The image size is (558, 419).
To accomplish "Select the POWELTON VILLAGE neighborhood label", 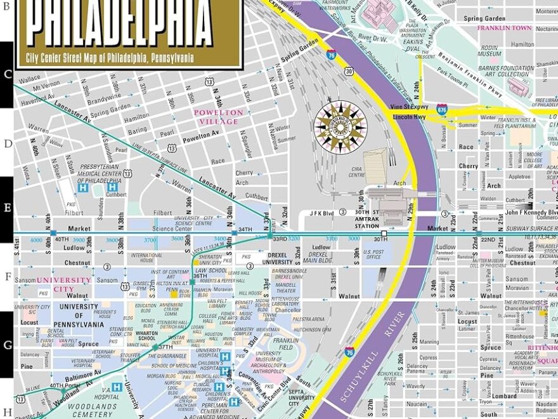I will click(219, 117).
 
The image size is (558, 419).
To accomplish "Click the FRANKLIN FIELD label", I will click(286, 345).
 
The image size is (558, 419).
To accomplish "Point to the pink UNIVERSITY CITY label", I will click(63, 284).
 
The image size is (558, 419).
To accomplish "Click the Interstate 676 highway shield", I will click(441, 109).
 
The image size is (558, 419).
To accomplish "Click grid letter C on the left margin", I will click(7, 74).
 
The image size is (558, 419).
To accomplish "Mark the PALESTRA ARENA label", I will click(309, 319).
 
